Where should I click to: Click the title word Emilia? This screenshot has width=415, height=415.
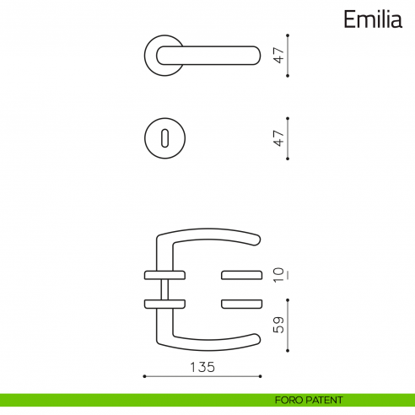[x=372, y=19]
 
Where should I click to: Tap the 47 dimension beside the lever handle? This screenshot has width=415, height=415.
[x=278, y=56]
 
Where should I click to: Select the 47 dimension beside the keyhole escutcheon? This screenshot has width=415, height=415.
[x=278, y=137]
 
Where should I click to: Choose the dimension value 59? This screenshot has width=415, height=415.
[x=278, y=323]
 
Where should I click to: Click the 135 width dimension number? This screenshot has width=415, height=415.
[x=202, y=367]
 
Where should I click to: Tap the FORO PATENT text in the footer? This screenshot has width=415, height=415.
[x=309, y=400]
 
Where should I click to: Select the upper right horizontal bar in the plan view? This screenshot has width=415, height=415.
[x=241, y=274]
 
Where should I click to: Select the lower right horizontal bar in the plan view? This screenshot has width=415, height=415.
[x=241, y=304]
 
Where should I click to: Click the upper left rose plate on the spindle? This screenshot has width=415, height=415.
[x=164, y=274]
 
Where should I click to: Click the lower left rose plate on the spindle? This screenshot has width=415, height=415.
[x=164, y=304]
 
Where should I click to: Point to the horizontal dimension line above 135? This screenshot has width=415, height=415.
[x=202, y=376]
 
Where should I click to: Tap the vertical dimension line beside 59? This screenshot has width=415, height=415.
[x=288, y=325]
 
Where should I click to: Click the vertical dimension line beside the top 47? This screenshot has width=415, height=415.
[x=288, y=56]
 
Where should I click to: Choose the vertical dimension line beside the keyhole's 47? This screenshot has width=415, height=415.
[x=288, y=137]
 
